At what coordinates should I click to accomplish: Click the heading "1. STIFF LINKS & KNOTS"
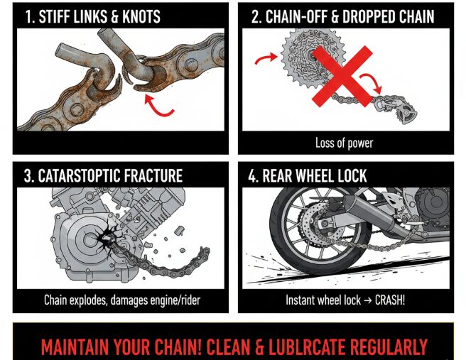pos(92,16)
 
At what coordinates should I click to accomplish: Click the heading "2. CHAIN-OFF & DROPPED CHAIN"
pos(343,16)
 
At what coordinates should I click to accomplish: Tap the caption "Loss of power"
pos(344,143)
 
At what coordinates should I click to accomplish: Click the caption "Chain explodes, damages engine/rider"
pos(121,300)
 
